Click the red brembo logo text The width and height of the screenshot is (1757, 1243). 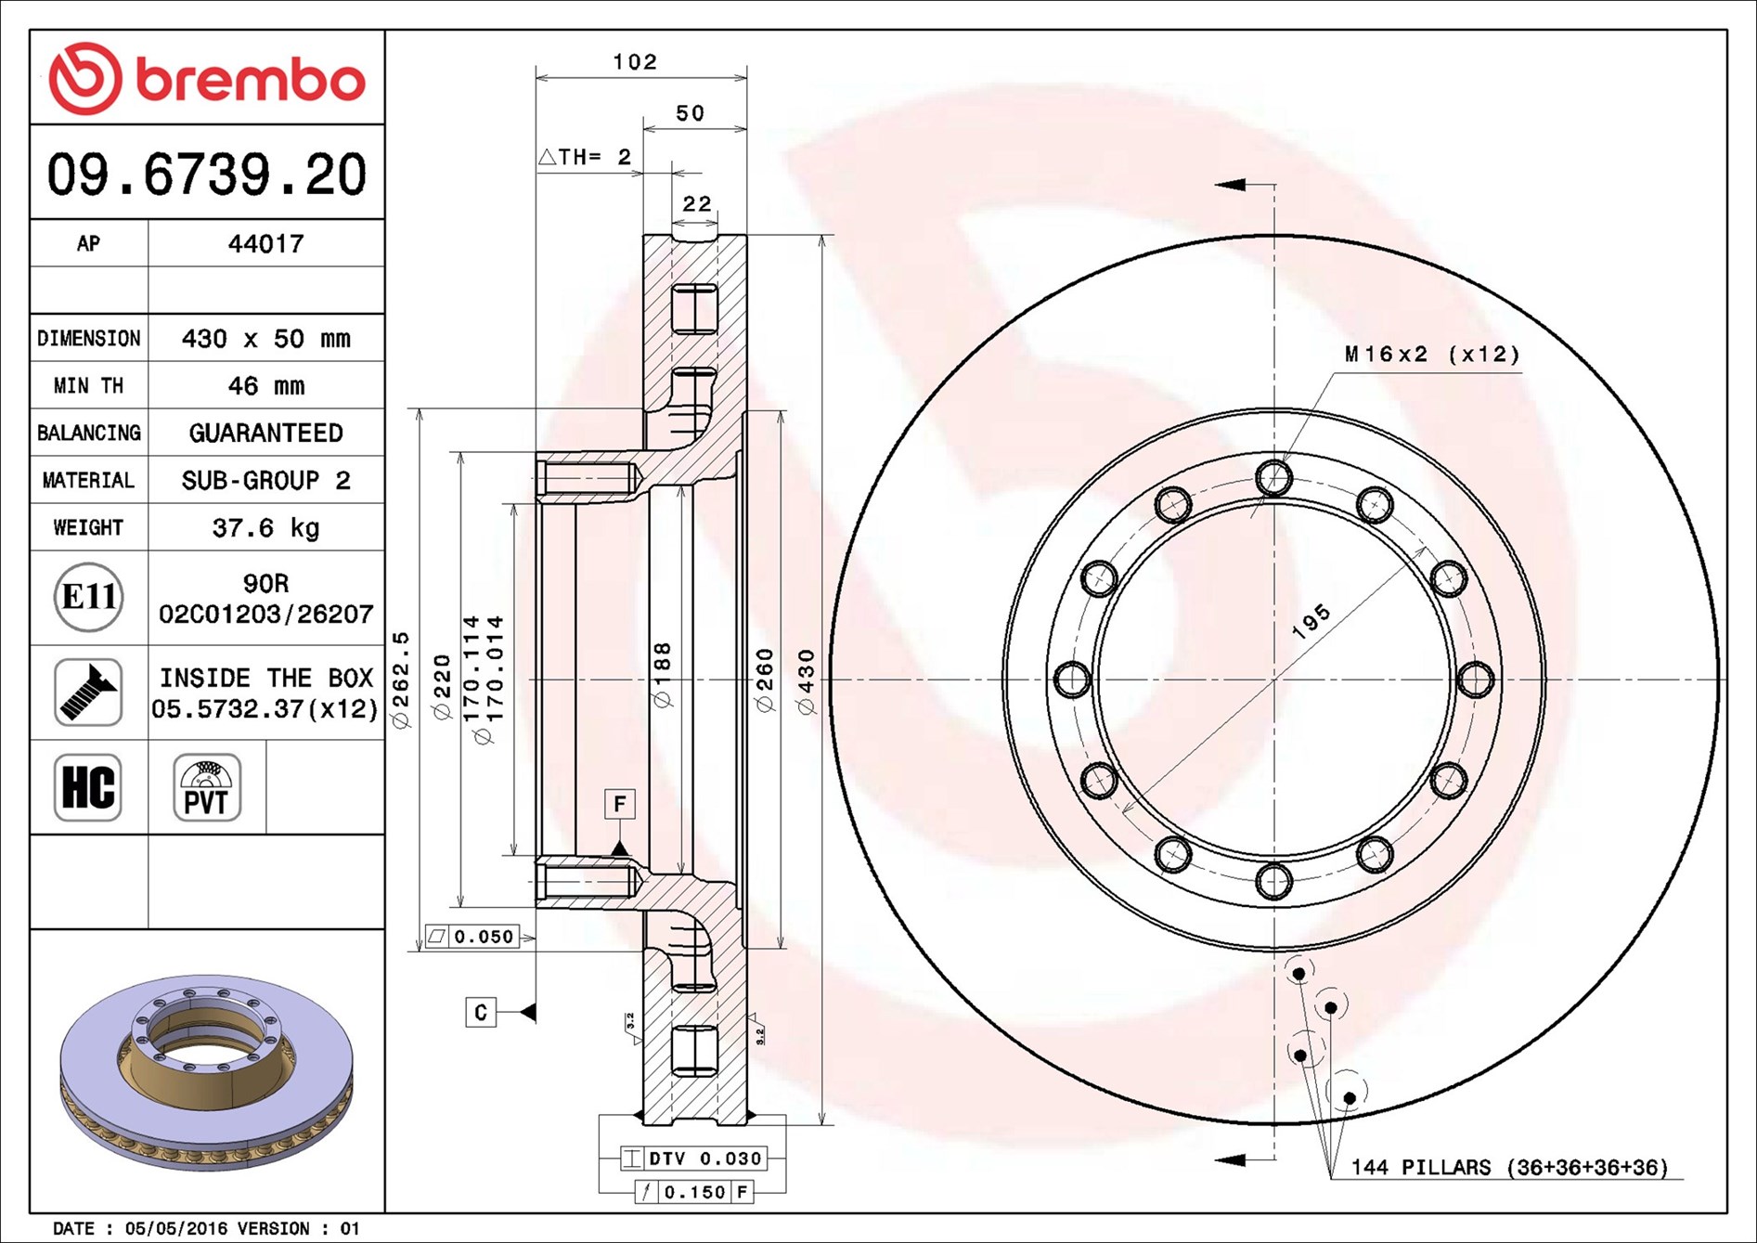click(251, 80)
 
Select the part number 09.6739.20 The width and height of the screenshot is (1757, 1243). click(207, 175)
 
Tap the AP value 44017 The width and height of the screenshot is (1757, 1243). click(265, 244)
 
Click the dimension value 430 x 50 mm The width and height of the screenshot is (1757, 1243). click(265, 338)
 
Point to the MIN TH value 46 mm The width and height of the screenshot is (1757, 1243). click(265, 385)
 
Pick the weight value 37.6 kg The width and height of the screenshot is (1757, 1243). click(265, 527)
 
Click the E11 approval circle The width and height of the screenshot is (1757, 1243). click(88, 597)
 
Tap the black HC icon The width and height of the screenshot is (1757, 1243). click(88, 787)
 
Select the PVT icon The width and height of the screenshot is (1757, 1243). click(207, 787)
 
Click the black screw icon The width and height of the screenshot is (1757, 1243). click(88, 693)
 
